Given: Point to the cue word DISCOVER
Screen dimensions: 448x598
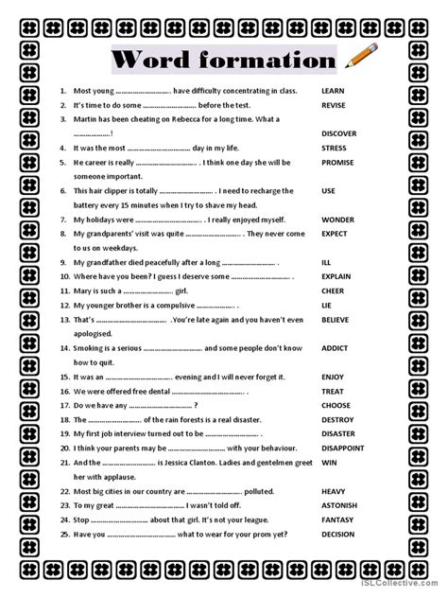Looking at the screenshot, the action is [x=340, y=133].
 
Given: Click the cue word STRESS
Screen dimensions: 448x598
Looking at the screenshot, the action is [x=336, y=148].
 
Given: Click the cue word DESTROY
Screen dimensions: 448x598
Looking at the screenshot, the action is [x=338, y=419].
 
